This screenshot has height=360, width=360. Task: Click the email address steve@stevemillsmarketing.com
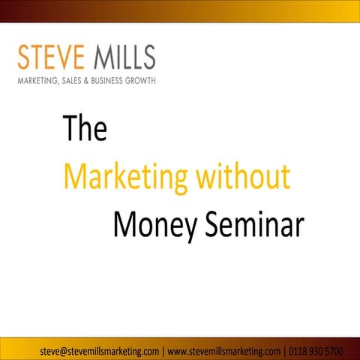[x=99, y=350]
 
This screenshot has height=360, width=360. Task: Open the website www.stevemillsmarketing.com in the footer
[x=225, y=350]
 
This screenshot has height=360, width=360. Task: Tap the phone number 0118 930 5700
[x=317, y=350]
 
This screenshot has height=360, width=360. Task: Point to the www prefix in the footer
[x=178, y=350]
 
